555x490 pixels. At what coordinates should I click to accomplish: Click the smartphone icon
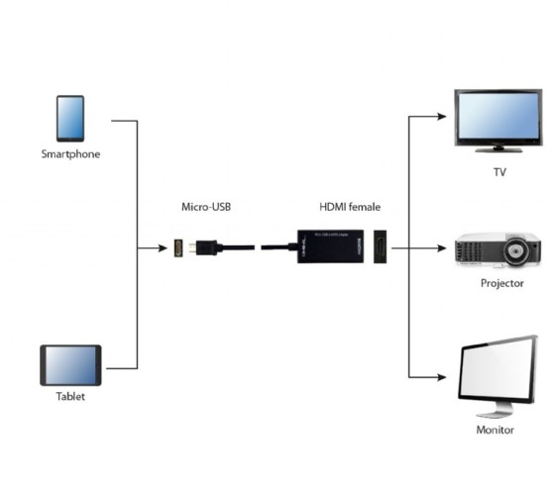(x=70, y=118)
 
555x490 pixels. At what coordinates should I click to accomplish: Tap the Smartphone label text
(x=70, y=154)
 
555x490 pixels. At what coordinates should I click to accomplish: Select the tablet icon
(x=70, y=364)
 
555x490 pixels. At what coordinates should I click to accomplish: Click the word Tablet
(x=70, y=397)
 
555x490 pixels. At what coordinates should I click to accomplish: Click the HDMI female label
(x=349, y=207)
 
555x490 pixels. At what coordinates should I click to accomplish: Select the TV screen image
(x=498, y=119)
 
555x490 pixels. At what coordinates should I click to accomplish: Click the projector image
(x=497, y=251)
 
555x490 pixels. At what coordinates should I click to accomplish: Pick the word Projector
(x=500, y=283)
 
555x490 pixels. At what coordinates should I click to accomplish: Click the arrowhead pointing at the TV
(x=444, y=116)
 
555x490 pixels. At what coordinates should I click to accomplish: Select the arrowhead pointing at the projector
(x=444, y=247)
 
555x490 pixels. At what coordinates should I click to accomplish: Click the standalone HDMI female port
(x=381, y=247)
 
